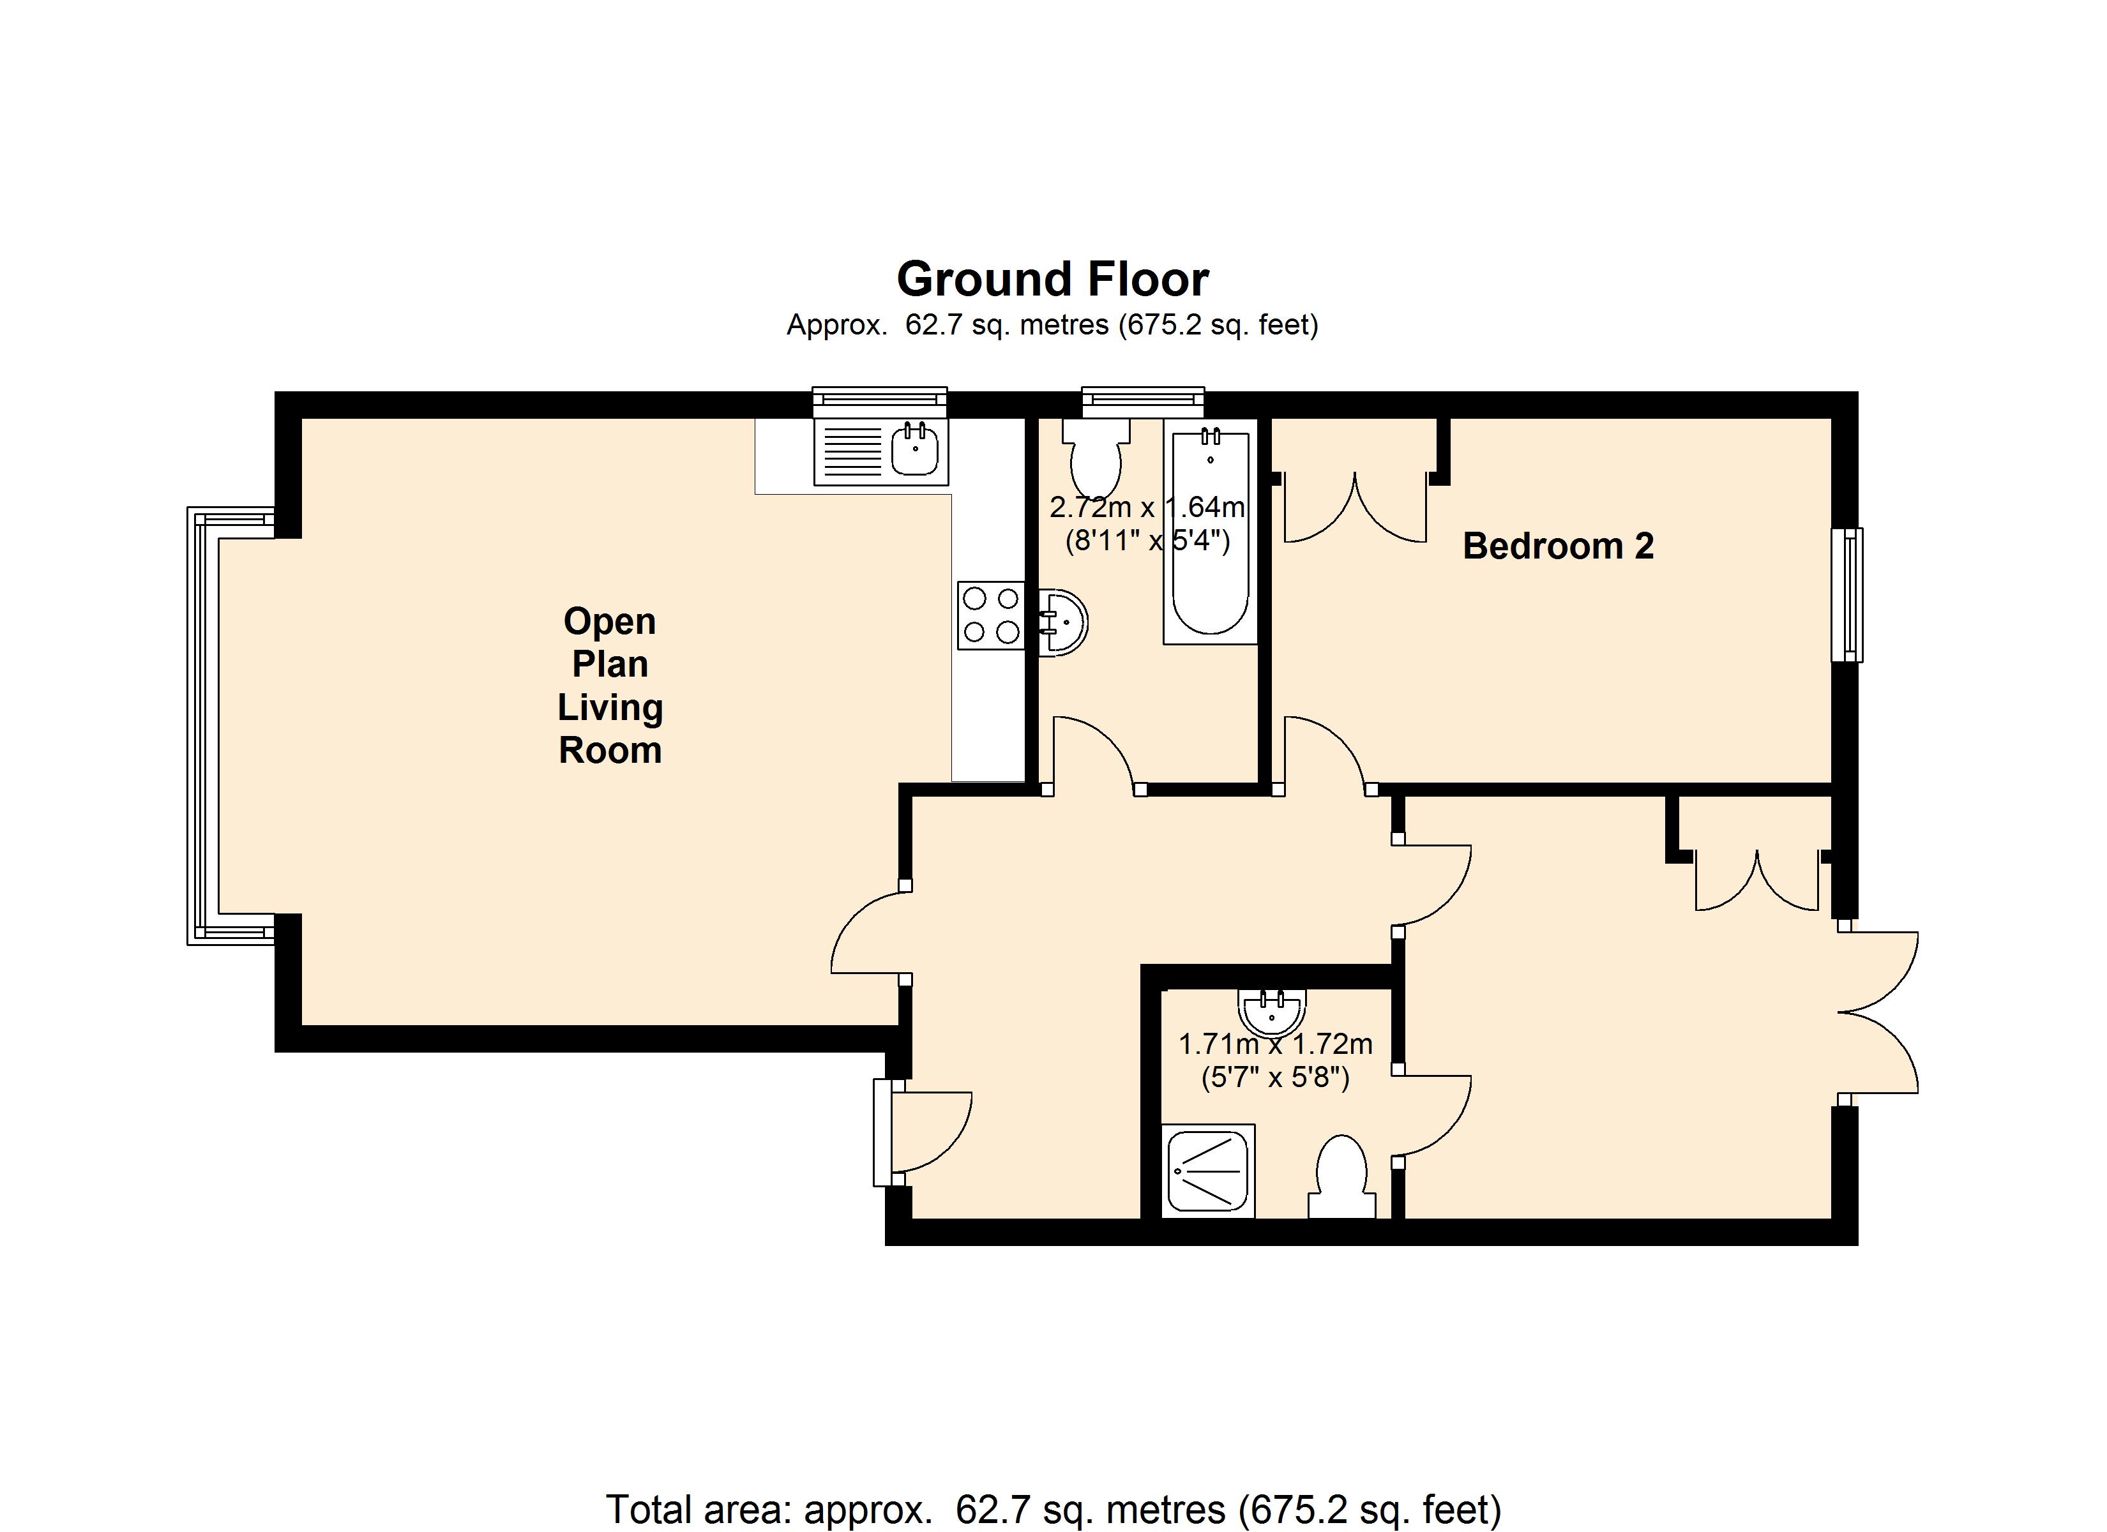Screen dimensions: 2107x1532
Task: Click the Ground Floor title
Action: pyautogui.click(x=1053, y=279)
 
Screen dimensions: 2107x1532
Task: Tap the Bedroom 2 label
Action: pyautogui.click(x=1558, y=546)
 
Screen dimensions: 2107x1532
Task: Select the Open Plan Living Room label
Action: pyautogui.click(x=609, y=686)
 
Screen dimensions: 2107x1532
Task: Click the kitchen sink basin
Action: pyautogui.click(x=915, y=451)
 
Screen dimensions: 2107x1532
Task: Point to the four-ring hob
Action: pyautogui.click(x=990, y=615)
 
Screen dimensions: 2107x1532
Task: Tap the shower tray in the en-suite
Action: pyautogui.click(x=1208, y=1171)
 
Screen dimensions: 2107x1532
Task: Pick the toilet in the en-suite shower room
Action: pyautogui.click(x=1341, y=1177)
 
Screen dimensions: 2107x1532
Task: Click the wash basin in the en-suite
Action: pyautogui.click(x=1272, y=1012)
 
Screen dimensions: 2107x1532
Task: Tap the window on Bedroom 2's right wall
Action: pyautogui.click(x=1847, y=594)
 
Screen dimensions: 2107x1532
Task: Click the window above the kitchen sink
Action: pyautogui.click(x=880, y=402)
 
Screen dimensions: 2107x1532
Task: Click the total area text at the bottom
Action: pyautogui.click(x=1053, y=1509)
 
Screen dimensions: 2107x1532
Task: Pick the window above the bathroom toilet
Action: pyautogui.click(x=1143, y=402)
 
